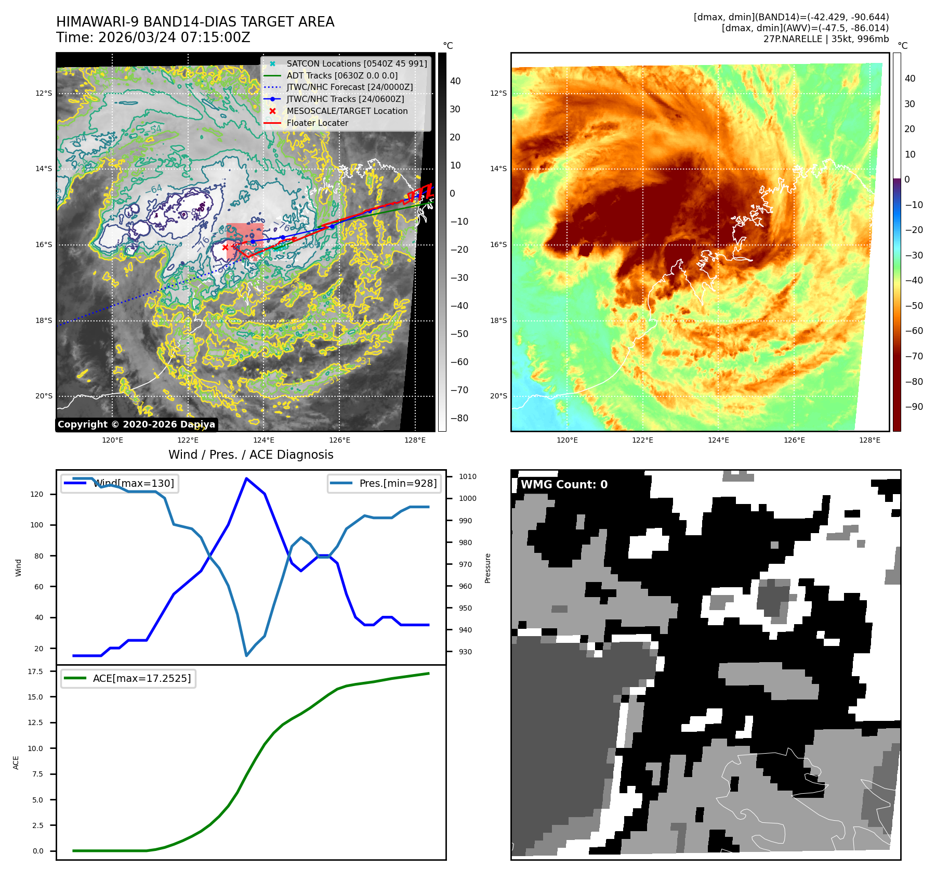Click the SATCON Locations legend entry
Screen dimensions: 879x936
coord(357,63)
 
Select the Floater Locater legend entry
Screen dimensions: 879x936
coord(317,123)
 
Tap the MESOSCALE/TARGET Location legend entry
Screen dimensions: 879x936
coord(347,111)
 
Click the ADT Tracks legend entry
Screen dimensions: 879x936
coord(342,75)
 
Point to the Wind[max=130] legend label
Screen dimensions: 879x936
coord(134,483)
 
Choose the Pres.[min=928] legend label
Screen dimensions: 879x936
coord(398,483)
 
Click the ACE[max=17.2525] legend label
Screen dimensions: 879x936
coord(141,678)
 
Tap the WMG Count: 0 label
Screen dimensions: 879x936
coord(564,485)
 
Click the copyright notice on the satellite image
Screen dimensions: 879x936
coord(136,424)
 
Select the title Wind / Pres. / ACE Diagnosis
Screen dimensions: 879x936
coord(251,455)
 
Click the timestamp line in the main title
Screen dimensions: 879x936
coord(153,38)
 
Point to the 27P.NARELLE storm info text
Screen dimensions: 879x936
coord(826,39)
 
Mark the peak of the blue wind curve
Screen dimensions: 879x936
coord(246,478)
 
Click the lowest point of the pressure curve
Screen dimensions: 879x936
coord(246,656)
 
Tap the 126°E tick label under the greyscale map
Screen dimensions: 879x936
coord(339,440)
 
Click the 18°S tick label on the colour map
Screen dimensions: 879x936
coord(498,320)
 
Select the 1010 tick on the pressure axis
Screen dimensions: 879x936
coord(467,476)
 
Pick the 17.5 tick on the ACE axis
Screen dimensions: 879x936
coord(35,671)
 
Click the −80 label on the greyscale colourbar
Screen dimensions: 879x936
coord(459,418)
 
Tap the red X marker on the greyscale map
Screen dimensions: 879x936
coord(225,248)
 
